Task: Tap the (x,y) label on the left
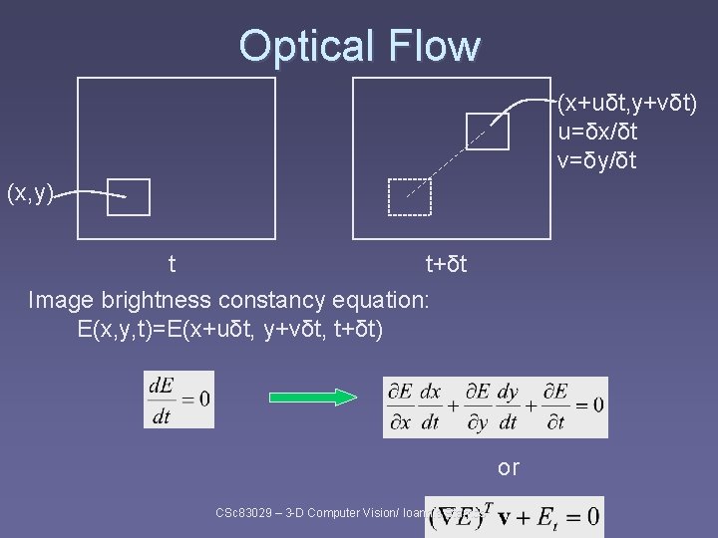(x=31, y=192)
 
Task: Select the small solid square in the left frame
(x=128, y=197)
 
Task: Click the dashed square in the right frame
(x=409, y=196)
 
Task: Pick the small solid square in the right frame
(x=488, y=131)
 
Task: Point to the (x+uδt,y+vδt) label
(x=627, y=103)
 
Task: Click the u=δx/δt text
(x=597, y=132)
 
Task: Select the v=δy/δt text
(x=597, y=159)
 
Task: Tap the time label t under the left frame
(x=173, y=264)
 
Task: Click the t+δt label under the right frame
(x=446, y=264)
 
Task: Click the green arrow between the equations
(x=315, y=398)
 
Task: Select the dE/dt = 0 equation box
(x=179, y=399)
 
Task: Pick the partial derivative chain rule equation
(x=495, y=406)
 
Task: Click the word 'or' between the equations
(x=509, y=467)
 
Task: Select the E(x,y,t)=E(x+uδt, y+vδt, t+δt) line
(x=229, y=328)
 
